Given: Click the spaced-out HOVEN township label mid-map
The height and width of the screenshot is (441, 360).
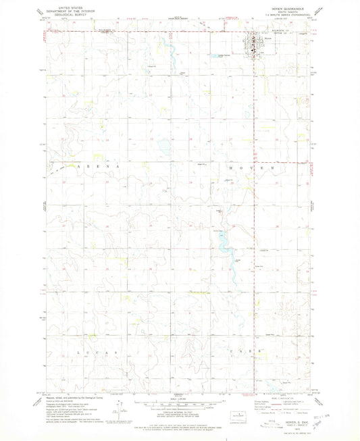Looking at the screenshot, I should point(249,165).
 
